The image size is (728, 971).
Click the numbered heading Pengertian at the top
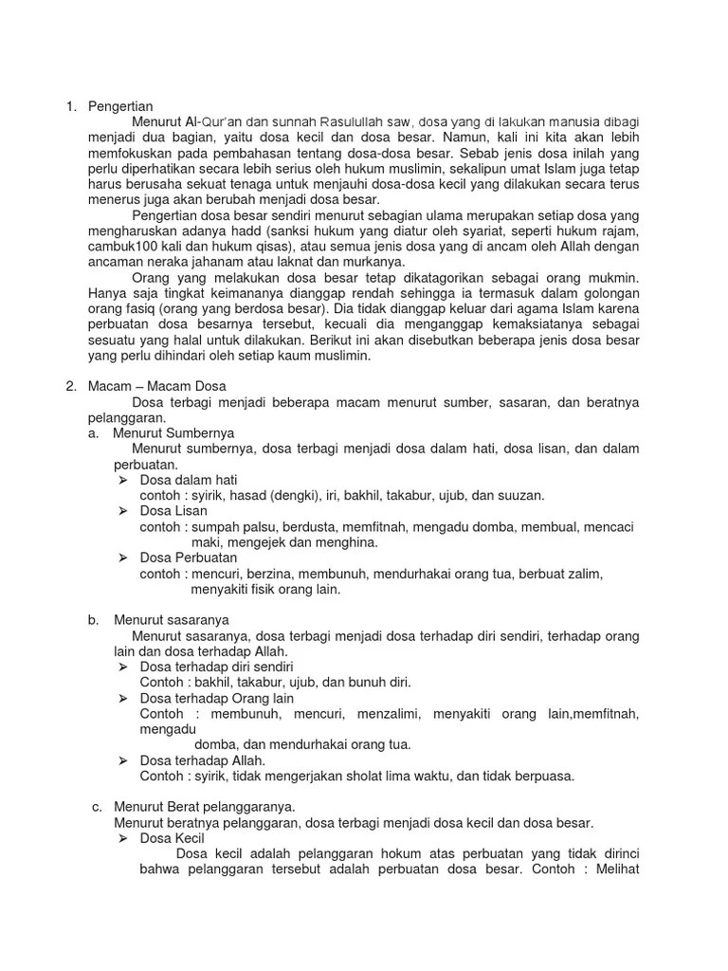[x=119, y=106]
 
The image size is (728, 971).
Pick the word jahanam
[x=250, y=262]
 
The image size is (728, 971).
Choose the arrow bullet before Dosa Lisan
[x=122, y=511]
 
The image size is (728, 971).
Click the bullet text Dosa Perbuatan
[x=190, y=558]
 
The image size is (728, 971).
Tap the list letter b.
[x=93, y=620]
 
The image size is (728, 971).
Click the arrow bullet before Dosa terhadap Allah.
[x=122, y=760]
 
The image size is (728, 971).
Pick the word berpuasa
[x=541, y=776]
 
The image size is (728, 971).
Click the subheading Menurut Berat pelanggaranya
[x=205, y=807]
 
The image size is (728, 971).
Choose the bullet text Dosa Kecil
[x=172, y=838]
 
